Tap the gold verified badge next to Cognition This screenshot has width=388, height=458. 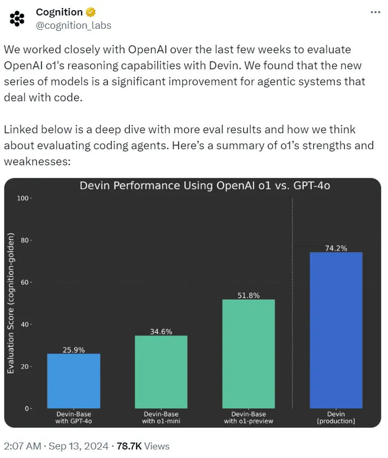[x=91, y=12]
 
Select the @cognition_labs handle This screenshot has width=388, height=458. [x=73, y=25]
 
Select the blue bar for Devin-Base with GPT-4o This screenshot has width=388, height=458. [x=74, y=381]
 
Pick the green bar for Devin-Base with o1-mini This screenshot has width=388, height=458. [x=161, y=372]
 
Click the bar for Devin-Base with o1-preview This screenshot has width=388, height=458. [x=249, y=354]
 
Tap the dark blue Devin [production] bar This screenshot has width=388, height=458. [x=336, y=331]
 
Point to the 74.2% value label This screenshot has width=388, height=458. [x=336, y=248]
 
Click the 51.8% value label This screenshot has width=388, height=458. [x=249, y=295]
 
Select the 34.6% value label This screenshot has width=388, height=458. [x=161, y=331]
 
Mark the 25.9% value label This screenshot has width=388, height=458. [x=74, y=350]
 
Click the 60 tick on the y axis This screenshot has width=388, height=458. [x=25, y=283]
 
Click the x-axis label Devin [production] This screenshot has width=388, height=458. [x=336, y=417]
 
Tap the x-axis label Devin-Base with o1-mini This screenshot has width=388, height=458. [x=161, y=417]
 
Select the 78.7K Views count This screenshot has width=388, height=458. [x=142, y=446]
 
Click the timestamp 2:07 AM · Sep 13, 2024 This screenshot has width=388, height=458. [x=56, y=446]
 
